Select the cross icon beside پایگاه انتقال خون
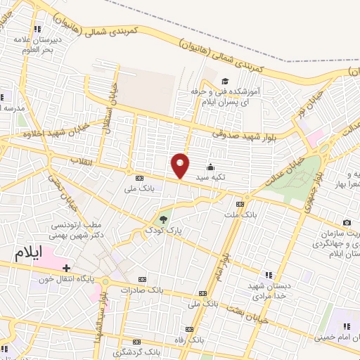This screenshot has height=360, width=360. click(66, 268)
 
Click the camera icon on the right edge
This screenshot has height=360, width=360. click(347, 222)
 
